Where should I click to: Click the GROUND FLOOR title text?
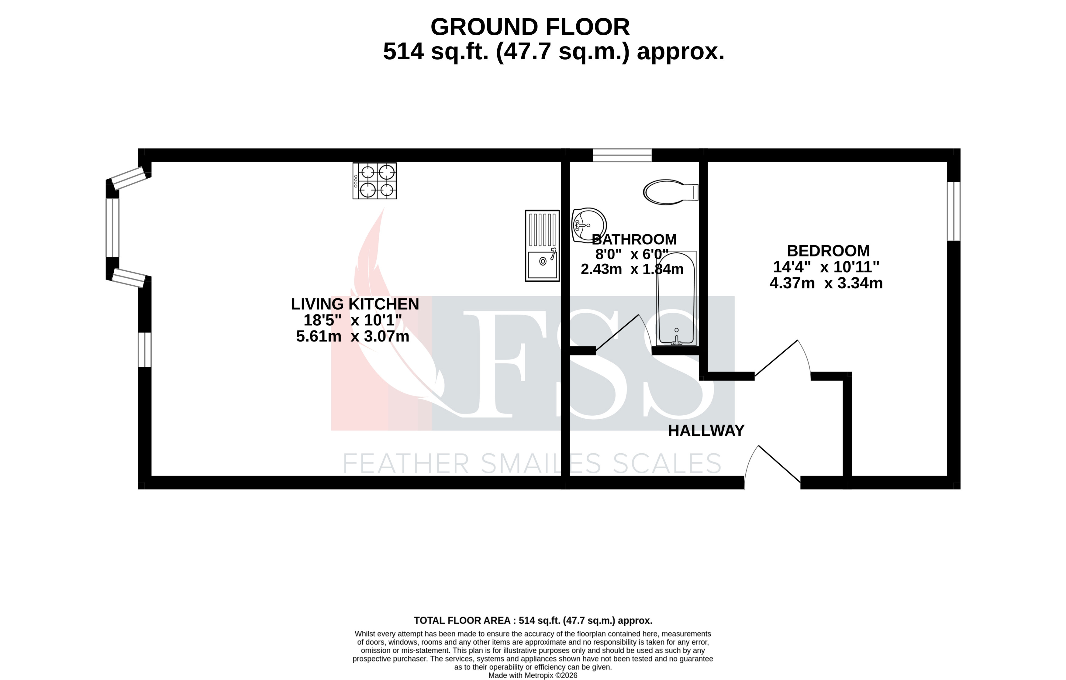tap(530, 27)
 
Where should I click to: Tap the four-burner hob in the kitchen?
tap(374, 181)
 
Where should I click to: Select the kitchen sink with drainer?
tap(542, 246)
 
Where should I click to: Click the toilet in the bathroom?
tap(670, 192)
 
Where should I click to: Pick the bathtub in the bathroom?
tap(676, 299)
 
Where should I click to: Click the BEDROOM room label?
tap(828, 251)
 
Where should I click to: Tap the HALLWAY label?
tap(706, 431)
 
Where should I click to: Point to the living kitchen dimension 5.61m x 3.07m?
tap(352, 337)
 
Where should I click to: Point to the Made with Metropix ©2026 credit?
tap(533, 675)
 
